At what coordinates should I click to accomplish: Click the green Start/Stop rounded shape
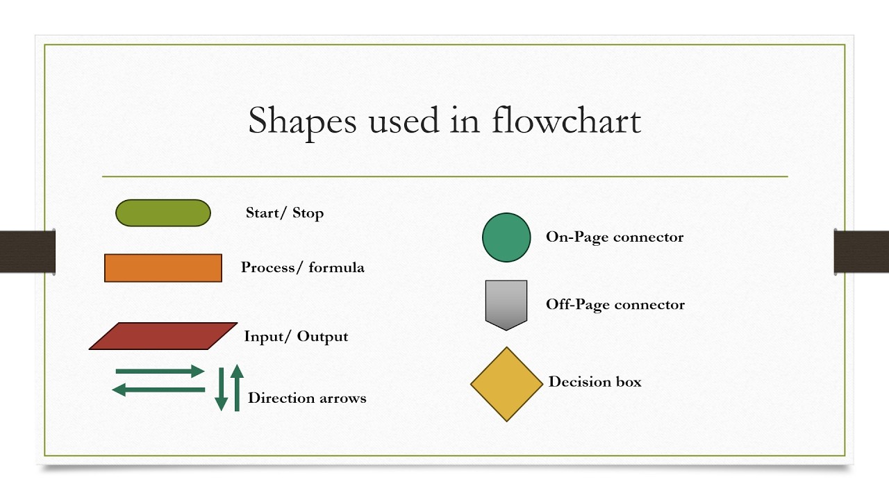point(163,213)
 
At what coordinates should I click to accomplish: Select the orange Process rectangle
point(163,268)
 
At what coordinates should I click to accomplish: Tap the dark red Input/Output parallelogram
point(163,336)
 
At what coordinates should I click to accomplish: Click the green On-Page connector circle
point(506,237)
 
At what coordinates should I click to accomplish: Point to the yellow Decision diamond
point(506,384)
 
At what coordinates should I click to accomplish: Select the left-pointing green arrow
point(158,390)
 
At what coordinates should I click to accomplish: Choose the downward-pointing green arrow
point(222,389)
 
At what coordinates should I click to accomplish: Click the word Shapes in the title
point(301,120)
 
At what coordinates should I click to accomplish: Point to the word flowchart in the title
point(565,120)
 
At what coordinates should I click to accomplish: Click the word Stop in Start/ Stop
point(308,213)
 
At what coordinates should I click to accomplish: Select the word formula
point(336,267)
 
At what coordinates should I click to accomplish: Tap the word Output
point(322,336)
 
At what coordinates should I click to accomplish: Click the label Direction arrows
point(307,398)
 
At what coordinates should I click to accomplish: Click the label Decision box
point(595,381)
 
